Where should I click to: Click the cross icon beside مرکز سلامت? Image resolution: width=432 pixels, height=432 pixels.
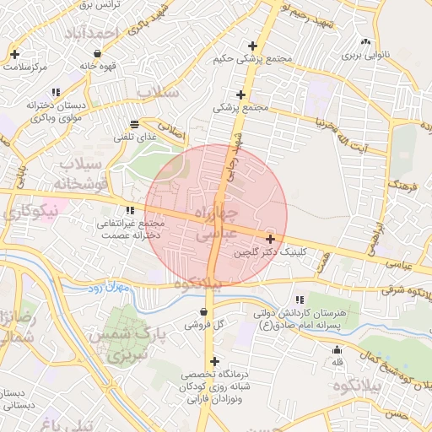click(14, 54)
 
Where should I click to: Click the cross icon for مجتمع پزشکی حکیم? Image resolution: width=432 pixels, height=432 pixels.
click(251, 46)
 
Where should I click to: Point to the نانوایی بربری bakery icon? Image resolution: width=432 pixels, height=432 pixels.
click(364, 42)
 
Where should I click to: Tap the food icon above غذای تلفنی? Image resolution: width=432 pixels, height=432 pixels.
click(135, 124)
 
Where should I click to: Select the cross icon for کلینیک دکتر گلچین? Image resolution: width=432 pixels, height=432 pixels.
click(269, 239)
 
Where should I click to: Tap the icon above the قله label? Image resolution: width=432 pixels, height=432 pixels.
click(337, 350)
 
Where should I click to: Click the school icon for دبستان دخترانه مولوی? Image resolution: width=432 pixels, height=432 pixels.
click(56, 92)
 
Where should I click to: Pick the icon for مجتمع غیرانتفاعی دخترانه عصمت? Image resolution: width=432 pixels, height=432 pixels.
click(129, 210)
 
